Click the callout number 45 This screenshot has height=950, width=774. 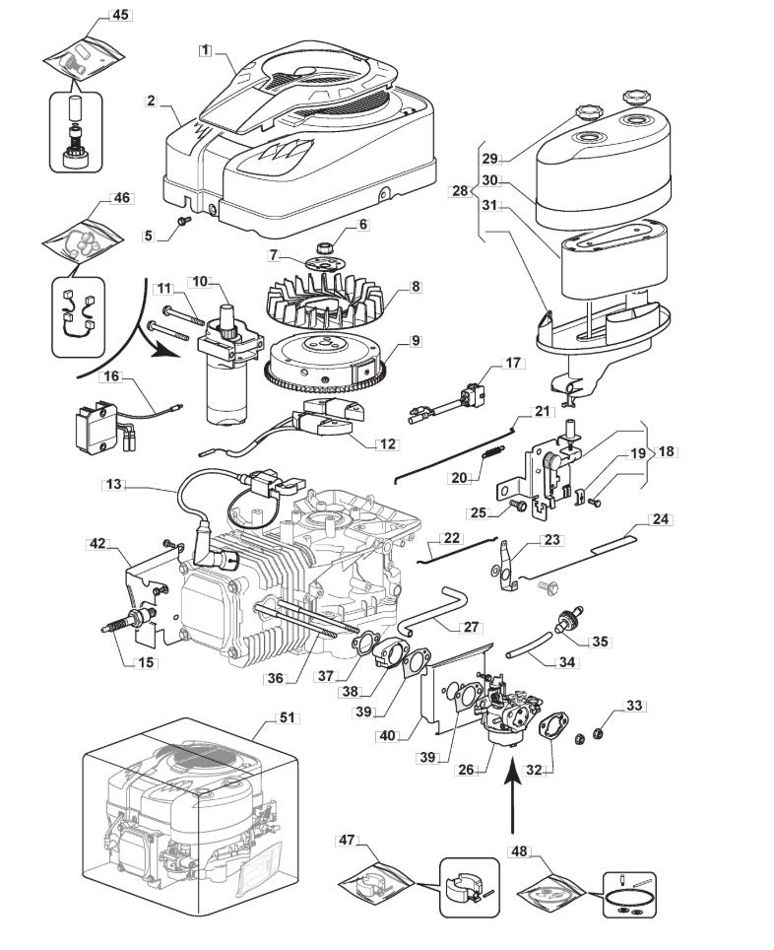120,15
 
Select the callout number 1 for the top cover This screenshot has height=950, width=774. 205,49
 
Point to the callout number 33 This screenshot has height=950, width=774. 634,706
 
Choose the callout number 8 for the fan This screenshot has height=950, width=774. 416,287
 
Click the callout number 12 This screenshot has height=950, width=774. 386,443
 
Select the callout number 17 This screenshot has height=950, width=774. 513,363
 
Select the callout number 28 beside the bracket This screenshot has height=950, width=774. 460,190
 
